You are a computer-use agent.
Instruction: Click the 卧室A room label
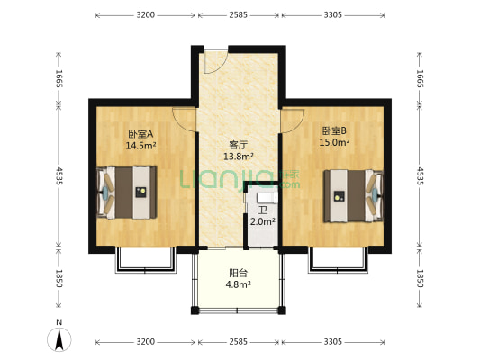pos(140,133)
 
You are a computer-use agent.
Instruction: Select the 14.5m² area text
pos(140,145)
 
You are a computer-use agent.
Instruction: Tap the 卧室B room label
pos(332,130)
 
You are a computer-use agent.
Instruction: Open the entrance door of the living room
pos(215,61)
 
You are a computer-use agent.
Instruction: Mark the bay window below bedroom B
pos(340,261)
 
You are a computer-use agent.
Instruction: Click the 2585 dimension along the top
pos(239,15)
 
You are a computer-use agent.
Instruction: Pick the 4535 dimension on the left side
pos(59,173)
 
